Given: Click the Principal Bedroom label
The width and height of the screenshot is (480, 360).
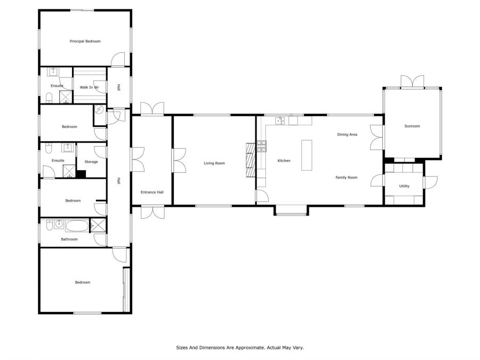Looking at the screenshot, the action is (85, 41).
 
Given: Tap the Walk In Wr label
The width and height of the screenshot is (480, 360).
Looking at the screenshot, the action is (89, 87).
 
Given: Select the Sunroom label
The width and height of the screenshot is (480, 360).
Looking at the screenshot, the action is (412, 126).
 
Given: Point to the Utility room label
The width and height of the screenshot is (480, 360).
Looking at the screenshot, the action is (404, 186).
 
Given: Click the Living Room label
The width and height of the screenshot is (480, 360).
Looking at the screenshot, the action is (214, 163).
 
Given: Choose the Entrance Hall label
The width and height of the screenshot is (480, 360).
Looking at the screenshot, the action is (152, 192).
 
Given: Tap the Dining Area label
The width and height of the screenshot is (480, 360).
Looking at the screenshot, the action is (347, 134).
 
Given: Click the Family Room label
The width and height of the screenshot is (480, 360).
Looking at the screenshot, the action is (346, 177).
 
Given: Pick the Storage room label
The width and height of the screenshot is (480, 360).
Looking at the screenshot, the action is (91, 162).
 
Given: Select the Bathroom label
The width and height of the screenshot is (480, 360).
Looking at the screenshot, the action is (69, 239).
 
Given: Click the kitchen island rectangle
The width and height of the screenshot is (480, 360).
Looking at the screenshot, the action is (307, 155).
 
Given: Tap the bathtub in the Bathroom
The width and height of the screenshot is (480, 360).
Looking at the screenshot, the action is (77, 226).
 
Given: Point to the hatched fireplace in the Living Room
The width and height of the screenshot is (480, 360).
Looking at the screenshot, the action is (251, 160).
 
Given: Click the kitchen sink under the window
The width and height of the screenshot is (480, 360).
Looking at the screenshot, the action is (280, 121).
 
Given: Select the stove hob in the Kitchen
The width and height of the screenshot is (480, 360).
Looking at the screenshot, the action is (261, 146).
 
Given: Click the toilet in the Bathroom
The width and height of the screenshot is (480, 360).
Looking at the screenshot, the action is (49, 225).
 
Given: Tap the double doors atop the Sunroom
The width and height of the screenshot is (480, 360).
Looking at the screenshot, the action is (412, 82).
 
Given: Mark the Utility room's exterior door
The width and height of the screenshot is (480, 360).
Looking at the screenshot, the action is (431, 182).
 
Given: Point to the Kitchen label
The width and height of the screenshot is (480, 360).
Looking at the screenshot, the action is (284, 161).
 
